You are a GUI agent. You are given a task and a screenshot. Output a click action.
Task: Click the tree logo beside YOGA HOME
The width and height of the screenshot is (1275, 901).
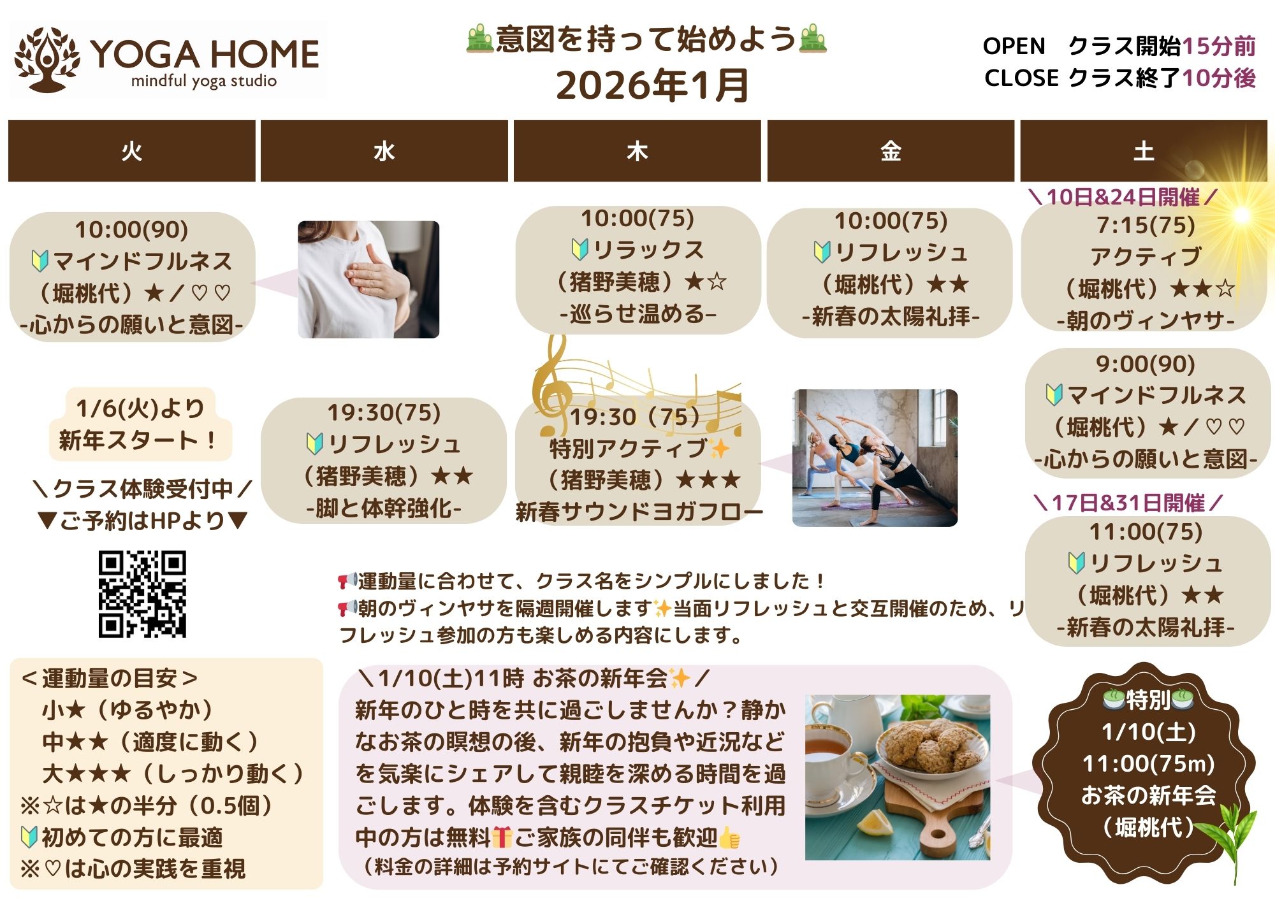pyautogui.click(x=47, y=59)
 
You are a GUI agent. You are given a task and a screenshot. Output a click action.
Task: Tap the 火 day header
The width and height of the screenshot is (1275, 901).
pyautogui.click(x=132, y=151)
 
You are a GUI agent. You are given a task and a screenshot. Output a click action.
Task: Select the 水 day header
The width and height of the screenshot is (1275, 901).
pyautogui.click(x=384, y=151)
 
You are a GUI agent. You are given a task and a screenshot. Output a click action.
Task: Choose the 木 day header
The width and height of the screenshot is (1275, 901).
pyautogui.click(x=637, y=151)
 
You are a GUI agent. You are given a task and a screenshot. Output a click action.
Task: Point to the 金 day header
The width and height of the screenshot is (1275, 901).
pyautogui.click(x=891, y=151)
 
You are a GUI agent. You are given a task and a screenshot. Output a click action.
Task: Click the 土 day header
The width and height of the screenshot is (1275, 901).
pyautogui.click(x=1144, y=151)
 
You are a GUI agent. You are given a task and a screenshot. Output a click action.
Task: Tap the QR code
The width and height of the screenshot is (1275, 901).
pyautogui.click(x=142, y=594)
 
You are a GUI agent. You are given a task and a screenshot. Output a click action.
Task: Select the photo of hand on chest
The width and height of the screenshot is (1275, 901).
pyautogui.click(x=368, y=279)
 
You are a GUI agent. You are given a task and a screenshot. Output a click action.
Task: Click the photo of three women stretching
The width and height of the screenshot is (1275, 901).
pyautogui.click(x=875, y=458)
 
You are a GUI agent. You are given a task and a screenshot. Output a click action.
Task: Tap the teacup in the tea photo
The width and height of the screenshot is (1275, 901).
pyautogui.click(x=829, y=758)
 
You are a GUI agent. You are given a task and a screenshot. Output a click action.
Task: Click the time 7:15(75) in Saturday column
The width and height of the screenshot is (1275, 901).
pyautogui.click(x=1146, y=225)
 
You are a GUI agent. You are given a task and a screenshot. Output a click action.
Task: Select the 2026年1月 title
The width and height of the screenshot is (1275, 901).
pyautogui.click(x=652, y=85)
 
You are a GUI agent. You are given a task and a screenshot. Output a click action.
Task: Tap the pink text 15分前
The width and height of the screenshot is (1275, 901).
pyautogui.click(x=1218, y=46)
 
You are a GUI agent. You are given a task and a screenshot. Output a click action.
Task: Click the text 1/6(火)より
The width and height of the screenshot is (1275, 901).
pyautogui.click(x=140, y=408)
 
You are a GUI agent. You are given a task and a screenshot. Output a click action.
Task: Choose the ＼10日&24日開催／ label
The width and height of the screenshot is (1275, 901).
pyautogui.click(x=1123, y=197)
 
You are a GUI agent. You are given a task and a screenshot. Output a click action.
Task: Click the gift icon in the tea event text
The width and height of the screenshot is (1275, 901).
pyautogui.click(x=502, y=837)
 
